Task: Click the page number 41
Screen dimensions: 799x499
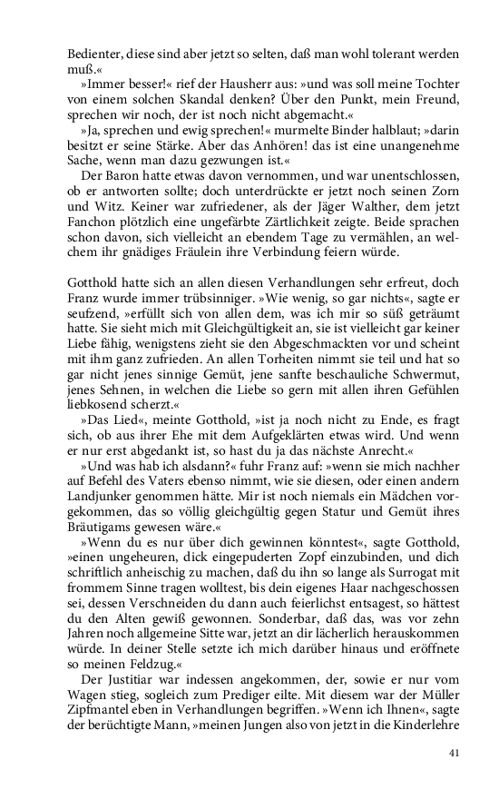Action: (x=455, y=753)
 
